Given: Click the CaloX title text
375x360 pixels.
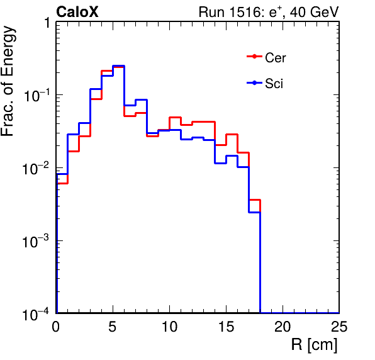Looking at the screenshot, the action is pyautogui.click(x=77, y=12).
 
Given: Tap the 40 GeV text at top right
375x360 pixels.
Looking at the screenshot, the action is pyautogui.click(x=314, y=12).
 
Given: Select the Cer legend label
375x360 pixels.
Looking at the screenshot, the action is pyautogui.click(x=275, y=58).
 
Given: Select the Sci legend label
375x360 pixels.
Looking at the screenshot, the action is pyautogui.click(x=274, y=84).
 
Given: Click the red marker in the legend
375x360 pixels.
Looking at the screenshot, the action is pyautogui.click(x=254, y=57).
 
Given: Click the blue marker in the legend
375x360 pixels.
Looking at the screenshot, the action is pyautogui.click(x=254, y=83).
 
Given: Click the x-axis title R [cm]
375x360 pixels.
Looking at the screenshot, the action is pyautogui.click(x=314, y=345).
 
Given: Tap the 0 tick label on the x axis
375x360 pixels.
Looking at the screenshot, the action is pyautogui.click(x=56, y=326).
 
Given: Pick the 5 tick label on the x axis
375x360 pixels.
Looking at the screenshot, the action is pyautogui.click(x=113, y=326).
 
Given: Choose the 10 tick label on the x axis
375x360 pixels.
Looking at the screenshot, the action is pyautogui.click(x=169, y=326).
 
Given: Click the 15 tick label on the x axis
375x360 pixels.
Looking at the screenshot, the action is pyautogui.click(x=227, y=326).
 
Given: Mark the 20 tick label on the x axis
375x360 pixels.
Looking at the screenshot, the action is pyautogui.click(x=283, y=326).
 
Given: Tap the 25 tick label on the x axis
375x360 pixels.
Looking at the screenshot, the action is pyautogui.click(x=339, y=326).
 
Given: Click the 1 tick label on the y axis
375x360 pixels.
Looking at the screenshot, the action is pyautogui.click(x=47, y=23).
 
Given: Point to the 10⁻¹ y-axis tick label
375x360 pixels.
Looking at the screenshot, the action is pyautogui.click(x=36, y=95).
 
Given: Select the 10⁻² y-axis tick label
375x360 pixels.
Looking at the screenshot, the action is pyautogui.click(x=36, y=168).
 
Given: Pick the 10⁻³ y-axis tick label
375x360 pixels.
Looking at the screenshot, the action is pyautogui.click(x=36, y=241).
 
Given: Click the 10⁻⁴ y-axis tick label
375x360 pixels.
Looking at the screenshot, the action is pyautogui.click(x=36, y=314).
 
